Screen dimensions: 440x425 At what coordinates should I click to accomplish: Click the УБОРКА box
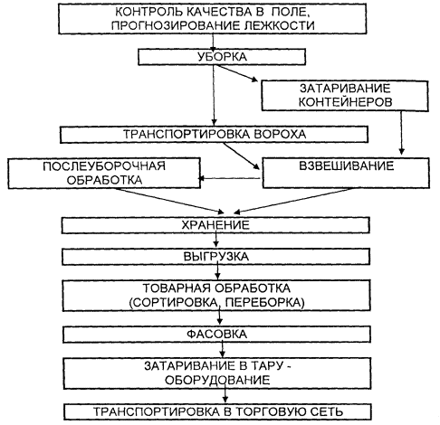(x=222, y=57)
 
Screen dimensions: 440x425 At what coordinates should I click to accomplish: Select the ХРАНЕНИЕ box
(x=215, y=225)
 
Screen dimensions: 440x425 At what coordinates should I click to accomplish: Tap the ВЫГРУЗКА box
(x=215, y=257)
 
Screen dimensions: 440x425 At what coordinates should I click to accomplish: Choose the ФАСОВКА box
(x=216, y=334)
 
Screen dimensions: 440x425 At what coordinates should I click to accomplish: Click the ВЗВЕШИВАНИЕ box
(x=346, y=173)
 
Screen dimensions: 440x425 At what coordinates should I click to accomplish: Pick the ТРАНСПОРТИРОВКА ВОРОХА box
(x=214, y=135)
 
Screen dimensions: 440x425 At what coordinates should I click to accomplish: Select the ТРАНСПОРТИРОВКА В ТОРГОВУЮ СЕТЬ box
(x=217, y=411)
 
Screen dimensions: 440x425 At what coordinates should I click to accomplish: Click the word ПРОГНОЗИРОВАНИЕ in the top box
(x=175, y=25)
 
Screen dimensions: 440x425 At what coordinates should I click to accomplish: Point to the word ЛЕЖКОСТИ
(x=278, y=25)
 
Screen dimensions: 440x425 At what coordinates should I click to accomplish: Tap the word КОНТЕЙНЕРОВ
(x=345, y=102)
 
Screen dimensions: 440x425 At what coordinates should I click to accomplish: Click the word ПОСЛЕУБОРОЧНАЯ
(x=104, y=166)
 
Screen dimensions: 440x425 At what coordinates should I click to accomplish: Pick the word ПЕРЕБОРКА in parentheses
(x=264, y=302)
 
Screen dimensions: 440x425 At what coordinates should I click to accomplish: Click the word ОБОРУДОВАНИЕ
(x=217, y=380)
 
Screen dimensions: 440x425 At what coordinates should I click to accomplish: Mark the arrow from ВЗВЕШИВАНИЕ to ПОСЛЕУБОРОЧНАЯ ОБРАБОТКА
(x=229, y=178)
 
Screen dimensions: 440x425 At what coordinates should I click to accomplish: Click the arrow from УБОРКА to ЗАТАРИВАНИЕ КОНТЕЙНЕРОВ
(x=237, y=73)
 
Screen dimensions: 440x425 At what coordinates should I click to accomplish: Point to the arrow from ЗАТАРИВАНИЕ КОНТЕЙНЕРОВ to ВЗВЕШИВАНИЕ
(x=401, y=133)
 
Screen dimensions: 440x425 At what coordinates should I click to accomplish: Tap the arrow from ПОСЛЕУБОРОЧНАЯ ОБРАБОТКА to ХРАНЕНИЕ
(x=169, y=201)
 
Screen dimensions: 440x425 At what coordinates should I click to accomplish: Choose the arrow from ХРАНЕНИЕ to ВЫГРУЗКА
(x=215, y=240)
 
